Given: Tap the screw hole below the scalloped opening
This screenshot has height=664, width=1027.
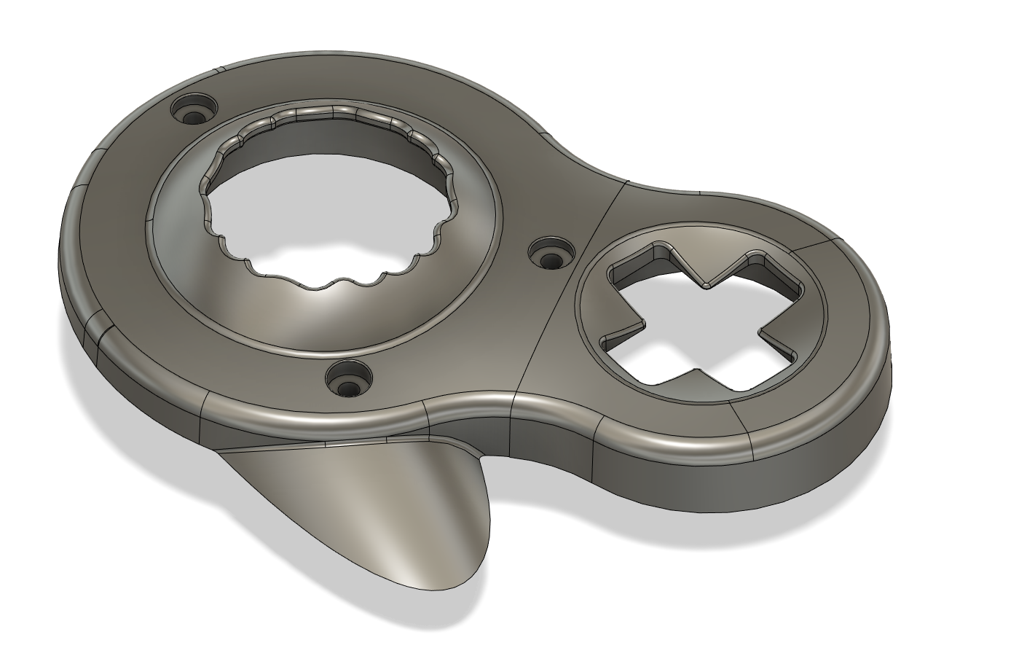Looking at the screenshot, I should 349,380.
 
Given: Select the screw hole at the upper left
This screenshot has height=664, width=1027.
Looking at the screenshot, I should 194,112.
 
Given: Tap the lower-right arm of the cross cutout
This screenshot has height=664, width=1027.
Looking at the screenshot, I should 758,364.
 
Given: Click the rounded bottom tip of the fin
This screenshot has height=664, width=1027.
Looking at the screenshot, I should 430,579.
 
